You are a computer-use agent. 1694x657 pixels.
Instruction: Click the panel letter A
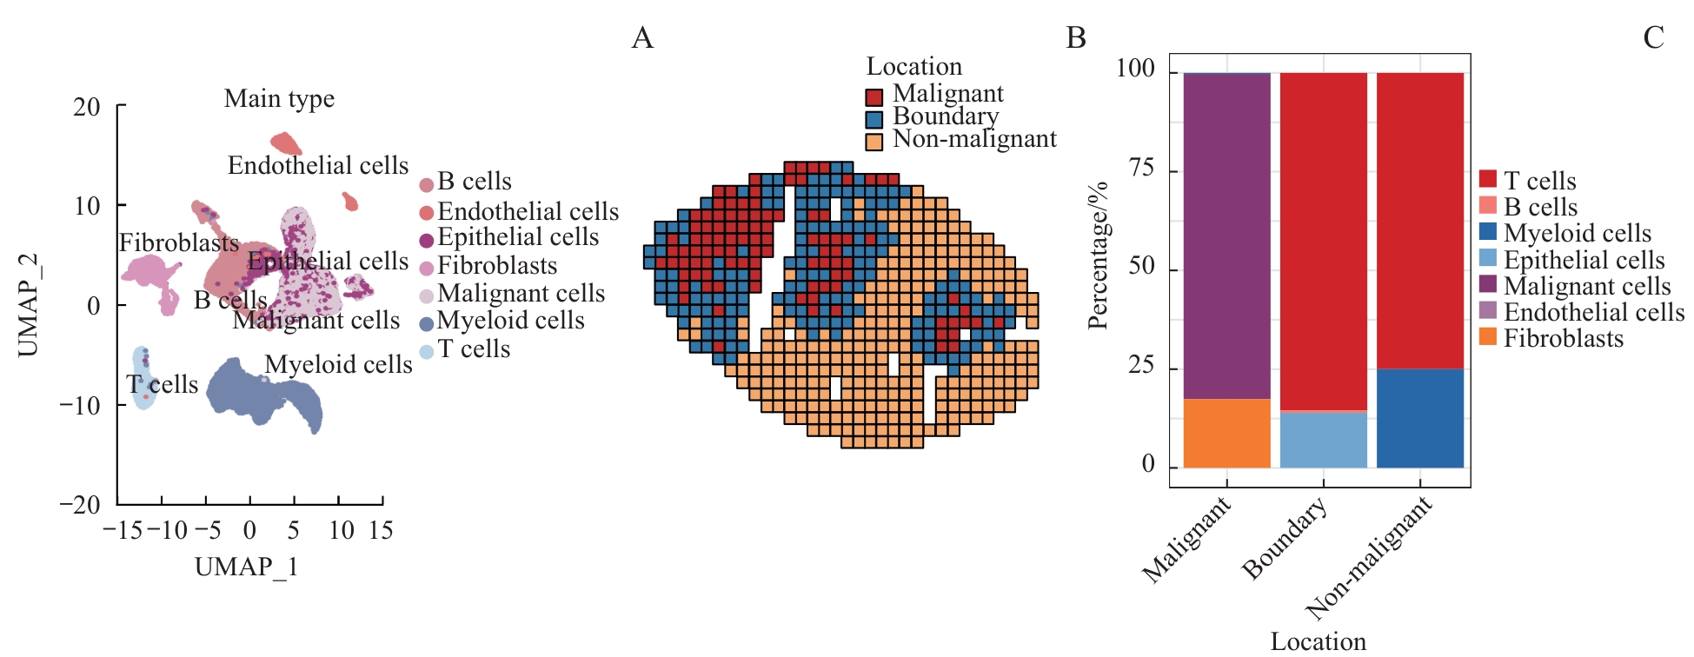click(642, 38)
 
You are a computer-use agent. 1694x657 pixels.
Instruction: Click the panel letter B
click(1076, 38)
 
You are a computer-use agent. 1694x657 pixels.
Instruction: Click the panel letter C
click(1653, 38)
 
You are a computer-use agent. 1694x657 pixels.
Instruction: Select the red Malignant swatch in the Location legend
click(874, 96)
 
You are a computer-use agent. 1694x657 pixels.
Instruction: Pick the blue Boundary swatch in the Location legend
click(874, 119)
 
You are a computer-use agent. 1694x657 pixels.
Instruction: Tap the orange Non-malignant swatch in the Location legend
click(874, 141)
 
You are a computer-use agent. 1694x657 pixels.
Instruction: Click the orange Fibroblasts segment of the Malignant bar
click(1226, 433)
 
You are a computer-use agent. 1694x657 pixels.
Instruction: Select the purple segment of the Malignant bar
click(1226, 236)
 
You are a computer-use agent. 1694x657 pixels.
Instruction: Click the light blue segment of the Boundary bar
click(1323, 440)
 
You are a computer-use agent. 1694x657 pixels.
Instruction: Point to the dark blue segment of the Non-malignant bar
click(1419, 418)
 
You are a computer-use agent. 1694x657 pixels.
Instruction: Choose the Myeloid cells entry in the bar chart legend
click(1577, 233)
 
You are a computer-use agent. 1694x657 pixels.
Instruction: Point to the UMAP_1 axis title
click(247, 567)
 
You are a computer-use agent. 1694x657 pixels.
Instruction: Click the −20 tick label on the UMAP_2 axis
click(80, 505)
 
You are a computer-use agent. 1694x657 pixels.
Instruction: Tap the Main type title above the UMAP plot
click(279, 99)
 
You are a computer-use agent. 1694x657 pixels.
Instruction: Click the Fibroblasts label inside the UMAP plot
click(179, 243)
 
